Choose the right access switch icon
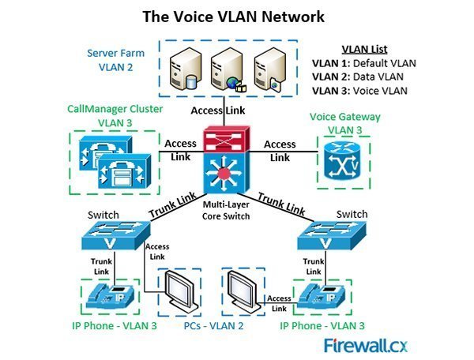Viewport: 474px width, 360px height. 337,230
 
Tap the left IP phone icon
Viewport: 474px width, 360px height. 113,295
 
